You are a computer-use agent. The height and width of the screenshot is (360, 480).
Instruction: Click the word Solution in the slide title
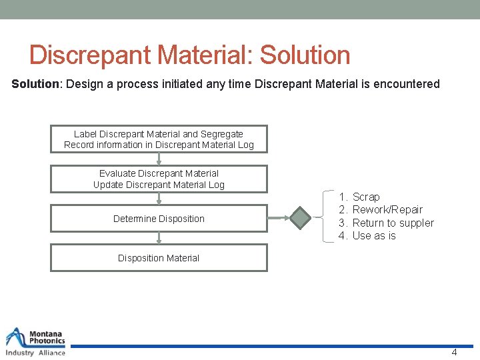pyautogui.click(x=305, y=55)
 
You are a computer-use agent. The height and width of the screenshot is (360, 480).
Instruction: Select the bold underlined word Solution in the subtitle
pyautogui.click(x=36, y=84)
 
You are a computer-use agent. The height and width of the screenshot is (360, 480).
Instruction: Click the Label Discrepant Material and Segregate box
pyautogui.click(x=159, y=139)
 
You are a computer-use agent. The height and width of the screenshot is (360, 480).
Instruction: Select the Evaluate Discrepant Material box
pyautogui.click(x=159, y=179)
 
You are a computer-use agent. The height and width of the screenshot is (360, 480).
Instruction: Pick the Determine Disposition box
pyautogui.click(x=159, y=219)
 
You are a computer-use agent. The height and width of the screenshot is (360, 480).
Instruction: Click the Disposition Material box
pyautogui.click(x=159, y=258)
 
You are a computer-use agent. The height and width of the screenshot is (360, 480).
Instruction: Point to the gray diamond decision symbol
pyautogui.click(x=301, y=218)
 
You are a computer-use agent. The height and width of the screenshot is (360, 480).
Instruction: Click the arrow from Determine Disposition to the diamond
pyautogui.click(x=278, y=218)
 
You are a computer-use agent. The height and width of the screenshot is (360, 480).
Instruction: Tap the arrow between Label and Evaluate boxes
pyautogui.click(x=159, y=159)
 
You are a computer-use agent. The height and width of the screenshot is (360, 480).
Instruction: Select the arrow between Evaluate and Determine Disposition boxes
pyautogui.click(x=159, y=199)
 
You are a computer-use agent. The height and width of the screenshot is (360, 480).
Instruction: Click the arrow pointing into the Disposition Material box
pyautogui.click(x=159, y=238)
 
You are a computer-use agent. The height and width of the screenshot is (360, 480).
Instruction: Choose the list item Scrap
pyautogui.click(x=365, y=197)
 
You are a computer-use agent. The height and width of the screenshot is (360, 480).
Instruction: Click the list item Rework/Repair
pyautogui.click(x=387, y=210)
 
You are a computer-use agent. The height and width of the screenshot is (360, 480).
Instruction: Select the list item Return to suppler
pyautogui.click(x=392, y=223)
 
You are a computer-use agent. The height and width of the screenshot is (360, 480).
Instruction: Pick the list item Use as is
pyautogui.click(x=373, y=236)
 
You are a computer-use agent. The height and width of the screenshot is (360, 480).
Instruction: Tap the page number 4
pyautogui.click(x=454, y=352)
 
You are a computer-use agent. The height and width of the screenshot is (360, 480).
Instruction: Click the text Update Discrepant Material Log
pyautogui.click(x=159, y=185)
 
